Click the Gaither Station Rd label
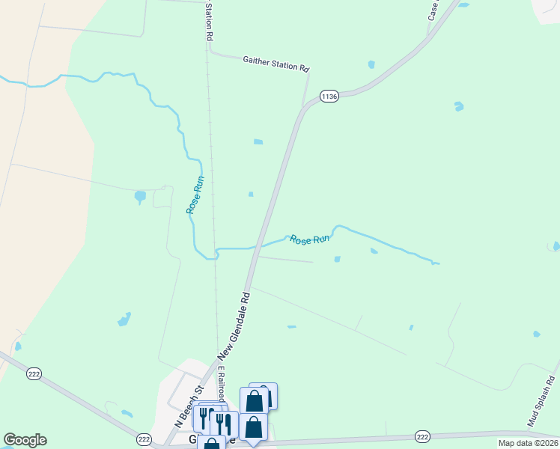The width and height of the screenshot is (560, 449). pyautogui.click(x=276, y=63)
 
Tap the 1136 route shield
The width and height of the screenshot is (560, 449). pyautogui.click(x=329, y=96)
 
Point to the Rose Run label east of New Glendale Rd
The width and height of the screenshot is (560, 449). pyautogui.click(x=310, y=239)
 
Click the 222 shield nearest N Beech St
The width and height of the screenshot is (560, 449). pyautogui.click(x=144, y=438)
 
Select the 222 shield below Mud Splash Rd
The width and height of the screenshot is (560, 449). pyautogui.click(x=422, y=436)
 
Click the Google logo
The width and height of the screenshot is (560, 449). pyautogui.click(x=25, y=440)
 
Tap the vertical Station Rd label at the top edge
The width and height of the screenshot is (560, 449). pyautogui.click(x=210, y=21)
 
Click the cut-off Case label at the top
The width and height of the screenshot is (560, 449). pyautogui.click(x=433, y=10)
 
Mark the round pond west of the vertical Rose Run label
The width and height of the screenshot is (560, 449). pyautogui.click(x=140, y=197)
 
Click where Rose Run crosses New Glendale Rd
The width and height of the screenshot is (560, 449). pyautogui.click(x=258, y=245)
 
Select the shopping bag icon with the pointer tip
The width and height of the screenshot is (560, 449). pyautogui.click(x=253, y=426)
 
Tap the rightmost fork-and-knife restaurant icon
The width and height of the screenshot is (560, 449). pyautogui.click(x=224, y=424)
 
